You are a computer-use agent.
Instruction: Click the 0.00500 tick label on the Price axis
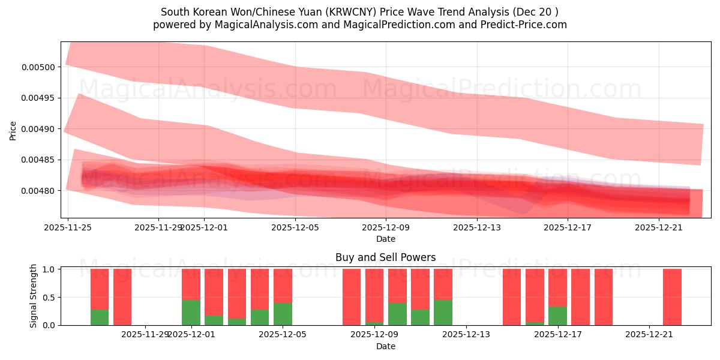pyautogui.click(x=38, y=67)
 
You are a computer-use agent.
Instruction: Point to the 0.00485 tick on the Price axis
pyautogui.click(x=38, y=160)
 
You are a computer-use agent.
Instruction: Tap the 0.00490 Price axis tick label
pyautogui.click(x=38, y=129)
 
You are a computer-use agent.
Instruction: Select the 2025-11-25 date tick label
pyautogui.click(x=68, y=227)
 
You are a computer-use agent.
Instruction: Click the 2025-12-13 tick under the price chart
pyautogui.click(x=476, y=227)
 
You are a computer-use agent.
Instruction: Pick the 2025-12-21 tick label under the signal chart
pyautogui.click(x=650, y=334)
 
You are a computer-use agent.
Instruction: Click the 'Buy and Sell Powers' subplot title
pyautogui.click(x=385, y=257)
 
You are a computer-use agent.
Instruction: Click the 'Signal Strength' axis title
pyautogui.click(x=34, y=296)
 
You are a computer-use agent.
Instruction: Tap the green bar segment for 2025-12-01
pyautogui.click(x=191, y=313)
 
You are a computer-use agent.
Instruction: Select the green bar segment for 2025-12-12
pyautogui.click(x=443, y=313)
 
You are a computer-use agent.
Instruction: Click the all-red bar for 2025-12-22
pyautogui.click(x=672, y=297)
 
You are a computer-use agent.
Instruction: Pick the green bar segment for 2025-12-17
pyautogui.click(x=558, y=316)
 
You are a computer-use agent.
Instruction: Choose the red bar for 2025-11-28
pyautogui.click(x=122, y=297)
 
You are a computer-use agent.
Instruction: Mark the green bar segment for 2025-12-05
pyautogui.click(x=283, y=314)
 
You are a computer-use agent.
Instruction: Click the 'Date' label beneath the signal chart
pyautogui.click(x=385, y=346)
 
